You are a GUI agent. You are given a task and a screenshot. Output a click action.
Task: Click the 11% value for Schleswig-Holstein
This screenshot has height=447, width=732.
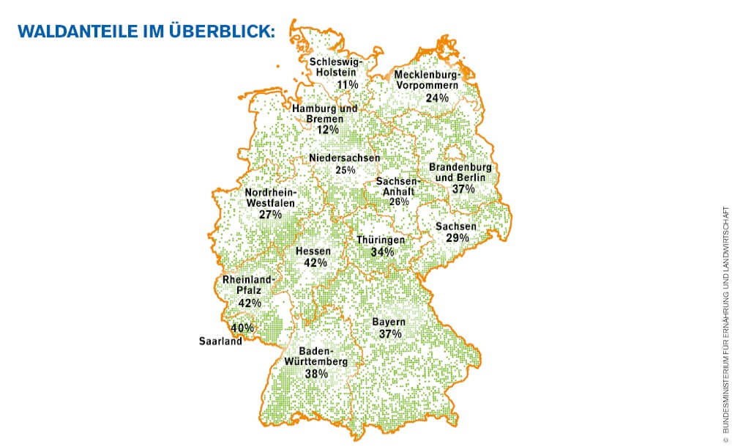347,85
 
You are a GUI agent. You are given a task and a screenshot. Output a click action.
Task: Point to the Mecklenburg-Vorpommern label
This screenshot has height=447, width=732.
427,80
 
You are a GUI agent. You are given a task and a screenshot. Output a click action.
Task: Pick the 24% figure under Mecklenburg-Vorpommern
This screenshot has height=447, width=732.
437,97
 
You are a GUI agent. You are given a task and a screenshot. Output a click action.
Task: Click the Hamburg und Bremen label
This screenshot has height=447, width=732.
325,114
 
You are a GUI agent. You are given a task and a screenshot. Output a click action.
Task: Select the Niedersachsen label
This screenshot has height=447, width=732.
344,158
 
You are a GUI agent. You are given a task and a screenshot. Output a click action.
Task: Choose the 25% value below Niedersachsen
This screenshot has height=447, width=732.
345,170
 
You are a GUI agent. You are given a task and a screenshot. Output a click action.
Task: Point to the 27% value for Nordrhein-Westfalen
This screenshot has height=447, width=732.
270,215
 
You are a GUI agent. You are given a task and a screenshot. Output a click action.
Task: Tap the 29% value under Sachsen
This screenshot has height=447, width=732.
457,238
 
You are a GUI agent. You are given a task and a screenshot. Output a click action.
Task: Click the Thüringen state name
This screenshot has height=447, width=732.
381,240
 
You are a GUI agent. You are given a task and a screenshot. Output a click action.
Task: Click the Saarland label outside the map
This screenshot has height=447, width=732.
220,341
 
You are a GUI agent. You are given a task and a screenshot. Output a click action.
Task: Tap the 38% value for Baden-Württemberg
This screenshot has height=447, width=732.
317,373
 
